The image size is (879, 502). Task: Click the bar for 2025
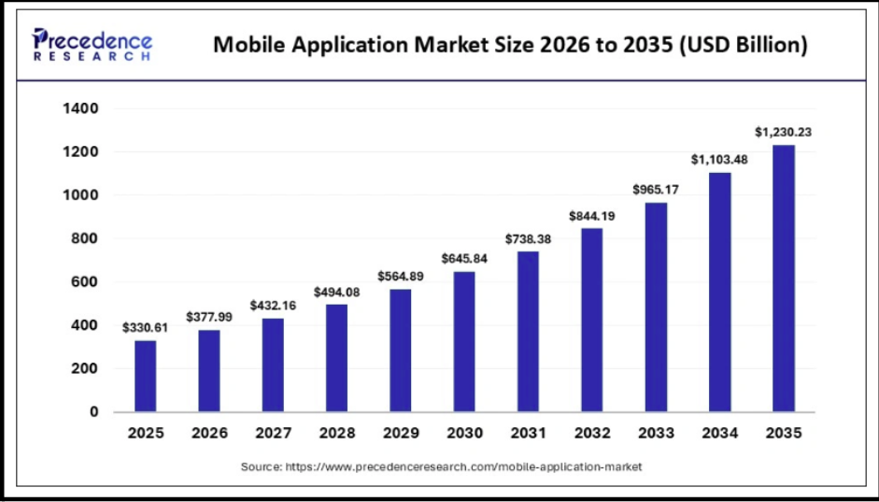point(145,377)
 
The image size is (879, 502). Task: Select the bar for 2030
point(464,342)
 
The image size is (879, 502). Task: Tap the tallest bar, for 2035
point(783,279)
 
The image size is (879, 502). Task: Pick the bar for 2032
point(592,321)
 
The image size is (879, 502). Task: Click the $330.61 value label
point(145,327)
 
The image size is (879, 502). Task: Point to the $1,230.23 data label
point(783,133)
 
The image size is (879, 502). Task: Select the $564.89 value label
point(400,276)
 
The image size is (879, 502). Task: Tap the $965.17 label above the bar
point(656,190)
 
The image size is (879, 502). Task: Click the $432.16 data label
point(273,306)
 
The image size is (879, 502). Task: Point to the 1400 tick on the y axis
point(83,108)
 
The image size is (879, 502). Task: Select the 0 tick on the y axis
point(94,411)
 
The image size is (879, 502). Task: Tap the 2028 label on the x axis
point(337,433)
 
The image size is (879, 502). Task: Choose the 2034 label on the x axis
point(720,433)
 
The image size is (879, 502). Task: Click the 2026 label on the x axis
point(209,433)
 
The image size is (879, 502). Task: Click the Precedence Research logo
point(92,44)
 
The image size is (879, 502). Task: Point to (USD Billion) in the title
point(744,44)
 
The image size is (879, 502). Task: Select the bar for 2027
point(273,366)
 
